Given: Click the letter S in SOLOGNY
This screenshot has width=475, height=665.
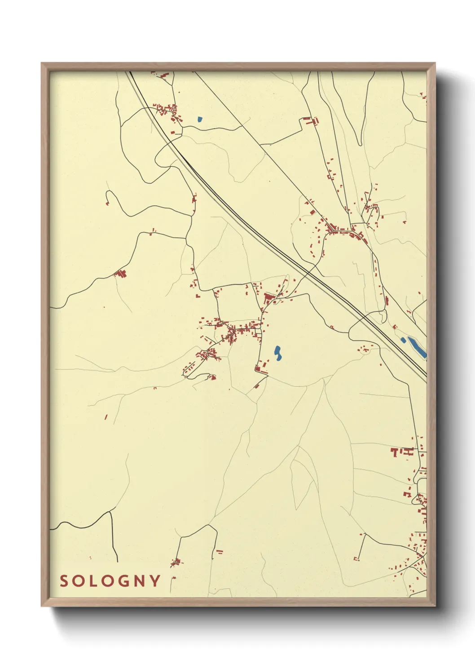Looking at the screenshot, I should click(64, 581).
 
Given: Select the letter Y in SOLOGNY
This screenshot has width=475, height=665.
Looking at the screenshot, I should click(156, 581).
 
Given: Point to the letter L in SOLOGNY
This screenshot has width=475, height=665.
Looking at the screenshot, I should click(94, 581).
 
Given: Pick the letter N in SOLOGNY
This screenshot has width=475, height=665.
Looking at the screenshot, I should click(141, 581).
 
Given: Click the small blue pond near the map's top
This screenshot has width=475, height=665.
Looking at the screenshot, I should click(199, 120).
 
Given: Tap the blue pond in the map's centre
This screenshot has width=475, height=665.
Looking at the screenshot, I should click(277, 353).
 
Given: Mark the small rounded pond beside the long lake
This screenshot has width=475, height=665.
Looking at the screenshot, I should click(403, 340).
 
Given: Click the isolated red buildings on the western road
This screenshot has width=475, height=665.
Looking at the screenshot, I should click(120, 273).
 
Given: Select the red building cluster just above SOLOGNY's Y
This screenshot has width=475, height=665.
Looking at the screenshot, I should click(176, 562).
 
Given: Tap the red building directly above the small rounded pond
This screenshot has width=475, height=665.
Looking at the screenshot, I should click(395, 327).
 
